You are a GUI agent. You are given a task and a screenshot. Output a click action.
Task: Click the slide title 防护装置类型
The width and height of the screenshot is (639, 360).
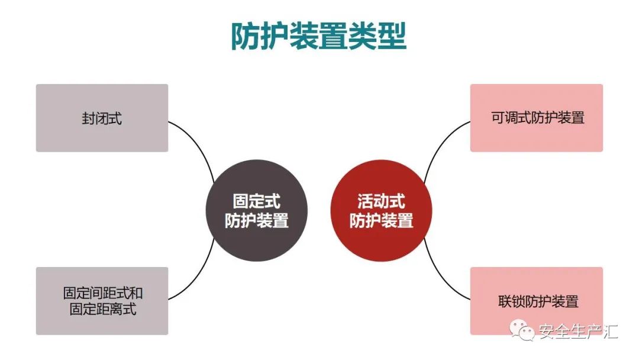(x=318, y=37)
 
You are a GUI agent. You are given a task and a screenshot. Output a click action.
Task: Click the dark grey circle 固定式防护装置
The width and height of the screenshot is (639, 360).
(x=257, y=210)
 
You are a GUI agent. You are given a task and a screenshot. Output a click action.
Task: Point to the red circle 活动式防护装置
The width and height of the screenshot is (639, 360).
(x=381, y=210)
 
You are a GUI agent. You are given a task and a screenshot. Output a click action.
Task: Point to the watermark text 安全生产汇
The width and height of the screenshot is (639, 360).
(x=578, y=332)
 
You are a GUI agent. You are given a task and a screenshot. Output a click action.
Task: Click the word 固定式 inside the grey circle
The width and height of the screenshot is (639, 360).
(x=256, y=201)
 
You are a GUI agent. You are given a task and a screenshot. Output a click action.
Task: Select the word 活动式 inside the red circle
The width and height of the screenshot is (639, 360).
(x=381, y=201)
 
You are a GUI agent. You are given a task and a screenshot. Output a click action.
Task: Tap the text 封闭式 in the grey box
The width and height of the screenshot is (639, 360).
(x=102, y=118)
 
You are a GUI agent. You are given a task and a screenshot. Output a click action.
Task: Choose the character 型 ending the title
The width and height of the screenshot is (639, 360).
(x=392, y=37)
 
